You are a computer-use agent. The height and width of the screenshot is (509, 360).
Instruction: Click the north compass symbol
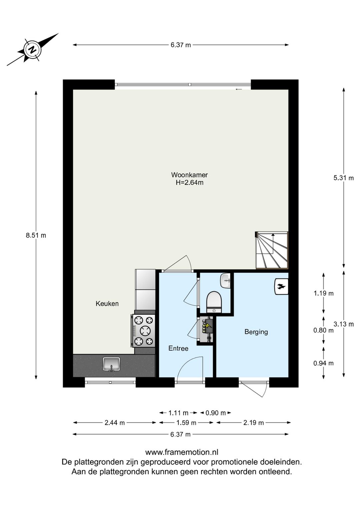[x=33, y=50]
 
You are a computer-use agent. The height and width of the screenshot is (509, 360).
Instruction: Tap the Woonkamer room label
[x=189, y=175]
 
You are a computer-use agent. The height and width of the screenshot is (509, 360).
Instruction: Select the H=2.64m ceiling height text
[x=189, y=182]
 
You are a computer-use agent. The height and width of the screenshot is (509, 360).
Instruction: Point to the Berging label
[x=256, y=332]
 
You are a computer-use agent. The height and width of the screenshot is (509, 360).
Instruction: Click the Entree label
[x=178, y=348]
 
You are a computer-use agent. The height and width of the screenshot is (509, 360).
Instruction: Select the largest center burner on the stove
[x=145, y=331]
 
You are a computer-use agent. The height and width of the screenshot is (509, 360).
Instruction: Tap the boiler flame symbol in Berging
[x=281, y=287]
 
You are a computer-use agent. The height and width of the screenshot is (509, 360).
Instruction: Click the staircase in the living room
[x=272, y=250]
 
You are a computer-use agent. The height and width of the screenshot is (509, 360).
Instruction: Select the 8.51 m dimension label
[x=36, y=235]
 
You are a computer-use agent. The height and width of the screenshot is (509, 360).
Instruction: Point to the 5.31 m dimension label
[x=343, y=178]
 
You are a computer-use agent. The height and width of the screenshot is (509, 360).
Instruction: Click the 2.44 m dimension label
[x=114, y=423]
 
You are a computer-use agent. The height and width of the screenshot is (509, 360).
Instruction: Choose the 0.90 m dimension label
[x=216, y=413]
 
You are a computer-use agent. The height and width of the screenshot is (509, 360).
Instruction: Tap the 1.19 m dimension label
[x=323, y=293]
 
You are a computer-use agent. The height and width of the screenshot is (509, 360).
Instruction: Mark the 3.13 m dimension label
[x=343, y=324]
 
